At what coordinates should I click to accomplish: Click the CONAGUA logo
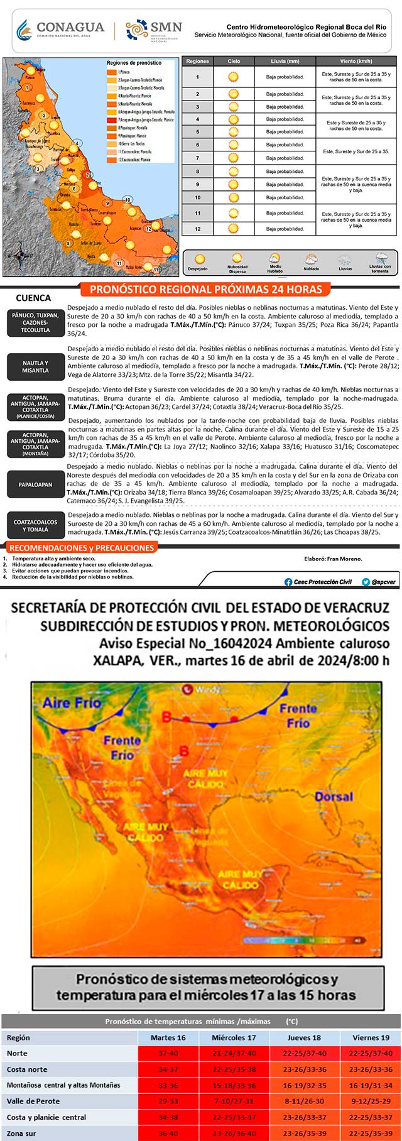[x=60, y=29]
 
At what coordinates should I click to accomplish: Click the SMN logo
[x=154, y=29]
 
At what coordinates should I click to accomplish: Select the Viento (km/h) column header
[x=356, y=62]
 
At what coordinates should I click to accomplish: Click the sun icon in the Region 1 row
[x=234, y=77]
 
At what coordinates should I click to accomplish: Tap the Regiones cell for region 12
[x=197, y=229]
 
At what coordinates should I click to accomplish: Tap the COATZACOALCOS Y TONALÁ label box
[x=35, y=525]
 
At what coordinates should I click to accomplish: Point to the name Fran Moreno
[x=347, y=558]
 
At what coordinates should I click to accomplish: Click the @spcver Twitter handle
[x=383, y=582]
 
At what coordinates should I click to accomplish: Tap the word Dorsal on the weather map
[x=334, y=796]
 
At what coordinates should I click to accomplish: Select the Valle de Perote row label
[x=33, y=1101]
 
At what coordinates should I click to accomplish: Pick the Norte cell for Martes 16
[x=168, y=1053]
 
